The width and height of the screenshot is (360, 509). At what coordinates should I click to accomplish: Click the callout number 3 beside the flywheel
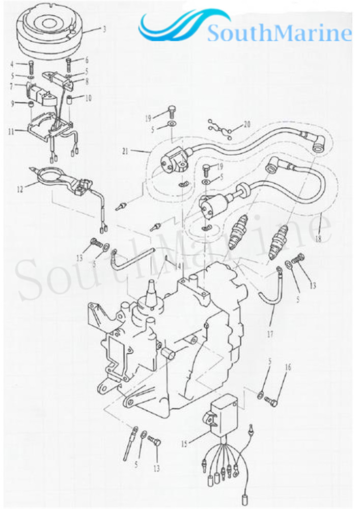(x=104, y=30)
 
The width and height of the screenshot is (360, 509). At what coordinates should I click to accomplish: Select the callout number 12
(x=19, y=189)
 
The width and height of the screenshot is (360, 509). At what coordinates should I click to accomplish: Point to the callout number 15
(x=184, y=444)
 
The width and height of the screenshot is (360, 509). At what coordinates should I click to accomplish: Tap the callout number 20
(x=247, y=124)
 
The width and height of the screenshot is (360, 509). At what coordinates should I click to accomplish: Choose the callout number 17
(x=270, y=335)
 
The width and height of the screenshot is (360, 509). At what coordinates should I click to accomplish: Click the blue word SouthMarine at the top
(x=280, y=34)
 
